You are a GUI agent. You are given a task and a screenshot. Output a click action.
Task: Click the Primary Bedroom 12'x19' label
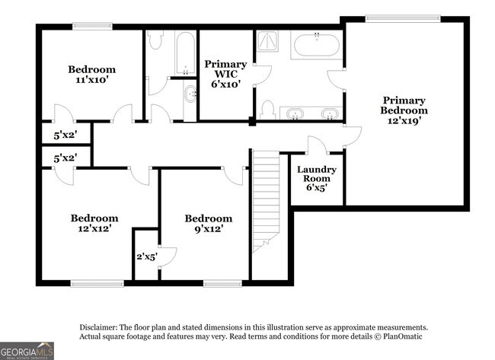click(404, 110)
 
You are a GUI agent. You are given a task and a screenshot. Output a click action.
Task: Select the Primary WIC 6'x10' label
click(225, 75)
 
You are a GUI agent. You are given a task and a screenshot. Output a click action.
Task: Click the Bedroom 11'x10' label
click(91, 75)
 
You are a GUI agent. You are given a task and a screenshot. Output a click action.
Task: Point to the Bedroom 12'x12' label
click(94, 222)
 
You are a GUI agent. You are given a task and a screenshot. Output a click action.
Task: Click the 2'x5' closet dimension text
click(145, 257)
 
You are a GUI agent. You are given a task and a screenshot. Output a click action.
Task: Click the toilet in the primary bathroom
click(267, 111)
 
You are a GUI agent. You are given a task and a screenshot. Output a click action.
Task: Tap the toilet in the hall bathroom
click(155, 42)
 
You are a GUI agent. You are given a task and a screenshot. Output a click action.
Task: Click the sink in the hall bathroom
click(189, 95)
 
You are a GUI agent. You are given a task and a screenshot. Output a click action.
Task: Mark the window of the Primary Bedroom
click(395, 18)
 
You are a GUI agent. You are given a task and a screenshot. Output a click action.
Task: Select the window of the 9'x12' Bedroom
click(223, 285)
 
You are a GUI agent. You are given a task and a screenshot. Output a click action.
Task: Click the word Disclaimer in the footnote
click(97, 326)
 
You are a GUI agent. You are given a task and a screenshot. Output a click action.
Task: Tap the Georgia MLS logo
click(27, 350)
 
